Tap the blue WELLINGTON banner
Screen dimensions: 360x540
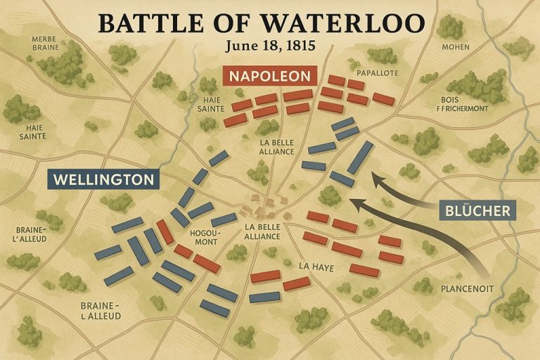pyautogui.click(x=103, y=179)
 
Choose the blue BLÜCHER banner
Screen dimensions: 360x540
pyautogui.click(x=477, y=209)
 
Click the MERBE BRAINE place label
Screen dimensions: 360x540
pyautogui.click(x=46, y=43)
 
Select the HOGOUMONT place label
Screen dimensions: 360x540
pyautogui.click(x=205, y=237)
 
